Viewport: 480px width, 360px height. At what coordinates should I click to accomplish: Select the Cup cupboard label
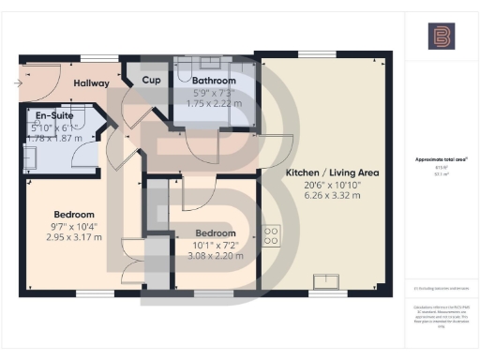pos(151,81)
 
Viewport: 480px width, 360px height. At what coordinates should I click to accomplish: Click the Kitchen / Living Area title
pos(318,173)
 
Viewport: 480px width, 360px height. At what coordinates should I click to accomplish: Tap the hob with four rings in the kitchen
pos(273,235)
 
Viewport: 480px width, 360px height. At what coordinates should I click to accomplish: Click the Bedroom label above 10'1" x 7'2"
pos(216,232)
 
